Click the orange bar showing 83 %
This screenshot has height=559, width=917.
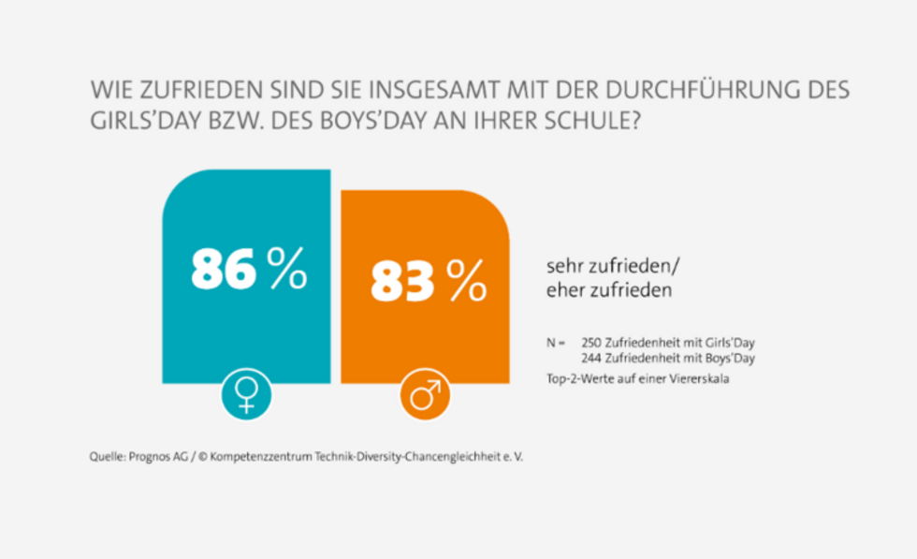click(x=426, y=337)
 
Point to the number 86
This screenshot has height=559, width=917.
click(x=223, y=270)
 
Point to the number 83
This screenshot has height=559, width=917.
click(x=402, y=280)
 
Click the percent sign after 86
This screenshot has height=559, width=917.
click(x=286, y=270)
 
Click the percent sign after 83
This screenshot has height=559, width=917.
click(x=466, y=280)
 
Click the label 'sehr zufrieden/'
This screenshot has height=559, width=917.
click(x=608, y=265)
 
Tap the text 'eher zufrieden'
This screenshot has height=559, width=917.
click(x=609, y=290)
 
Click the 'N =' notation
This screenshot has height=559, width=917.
click(x=556, y=343)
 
